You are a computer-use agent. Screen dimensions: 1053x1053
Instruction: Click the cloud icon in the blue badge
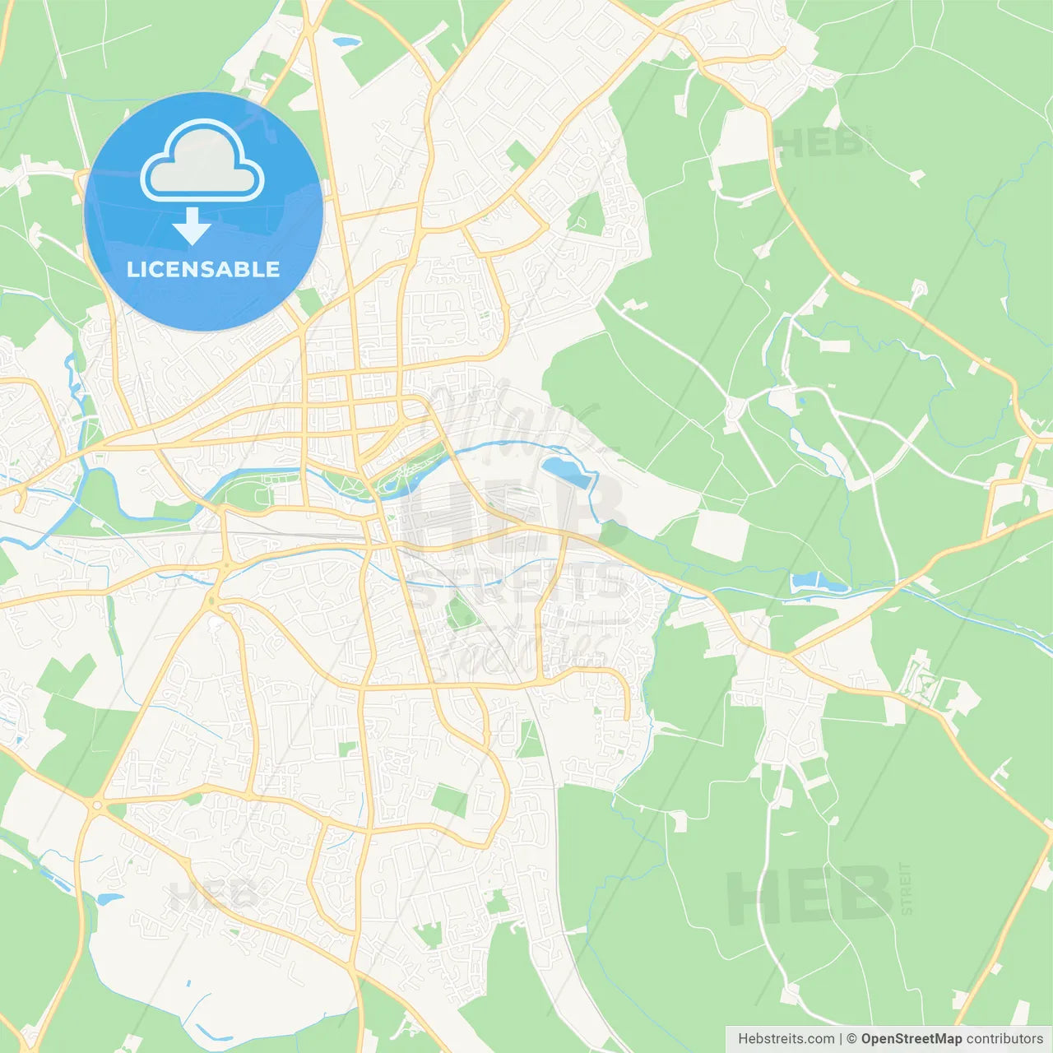pos(202,161)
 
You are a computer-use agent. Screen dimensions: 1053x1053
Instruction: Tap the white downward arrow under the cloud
pos(192,226)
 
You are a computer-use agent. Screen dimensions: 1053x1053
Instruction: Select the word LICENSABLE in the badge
pos(203,270)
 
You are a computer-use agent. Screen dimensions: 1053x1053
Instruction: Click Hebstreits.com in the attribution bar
pos(786,1039)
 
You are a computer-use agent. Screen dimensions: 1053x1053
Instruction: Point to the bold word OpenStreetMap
pos(911,1039)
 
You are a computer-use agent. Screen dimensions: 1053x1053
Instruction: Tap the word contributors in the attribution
pos(1004,1039)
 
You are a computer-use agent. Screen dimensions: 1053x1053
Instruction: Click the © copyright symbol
pos(851,1039)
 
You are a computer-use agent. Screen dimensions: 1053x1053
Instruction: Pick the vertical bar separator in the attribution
pos(841,1039)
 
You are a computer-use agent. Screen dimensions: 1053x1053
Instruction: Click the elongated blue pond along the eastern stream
pos(818,583)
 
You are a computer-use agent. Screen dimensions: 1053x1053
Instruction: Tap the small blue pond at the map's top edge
pos(346,39)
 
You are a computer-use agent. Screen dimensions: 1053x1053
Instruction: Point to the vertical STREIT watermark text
pos(906,888)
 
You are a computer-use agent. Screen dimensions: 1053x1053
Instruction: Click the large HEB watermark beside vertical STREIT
pos(809,896)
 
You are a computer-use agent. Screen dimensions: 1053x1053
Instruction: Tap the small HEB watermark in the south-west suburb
pos(212,895)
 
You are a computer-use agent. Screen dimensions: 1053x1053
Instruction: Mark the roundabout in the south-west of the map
pos(97,805)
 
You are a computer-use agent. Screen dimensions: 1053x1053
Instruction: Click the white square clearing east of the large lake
pos(720,535)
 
